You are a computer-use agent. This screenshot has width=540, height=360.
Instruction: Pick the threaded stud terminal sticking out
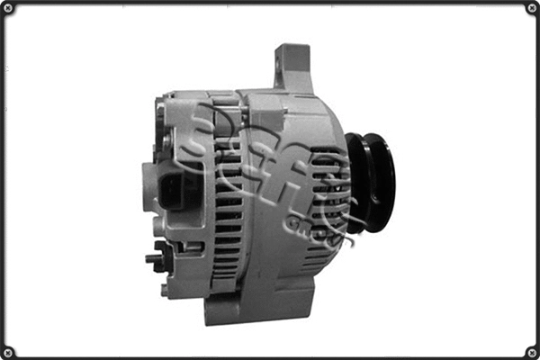pyautogui.click(x=152, y=258)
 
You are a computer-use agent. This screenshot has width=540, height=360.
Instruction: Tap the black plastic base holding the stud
pyautogui.click(x=165, y=256)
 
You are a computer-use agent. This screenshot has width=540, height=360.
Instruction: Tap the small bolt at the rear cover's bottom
pyautogui.click(x=165, y=290)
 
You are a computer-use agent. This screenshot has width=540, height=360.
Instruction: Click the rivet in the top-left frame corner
pyautogui.click(x=8, y=8)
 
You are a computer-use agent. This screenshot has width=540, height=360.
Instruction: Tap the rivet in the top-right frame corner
pyautogui.click(x=531, y=8)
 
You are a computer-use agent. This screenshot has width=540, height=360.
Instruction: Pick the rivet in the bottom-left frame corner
pyautogui.click(x=8, y=351)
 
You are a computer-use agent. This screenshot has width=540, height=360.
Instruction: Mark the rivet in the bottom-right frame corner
pyautogui.click(x=531, y=351)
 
